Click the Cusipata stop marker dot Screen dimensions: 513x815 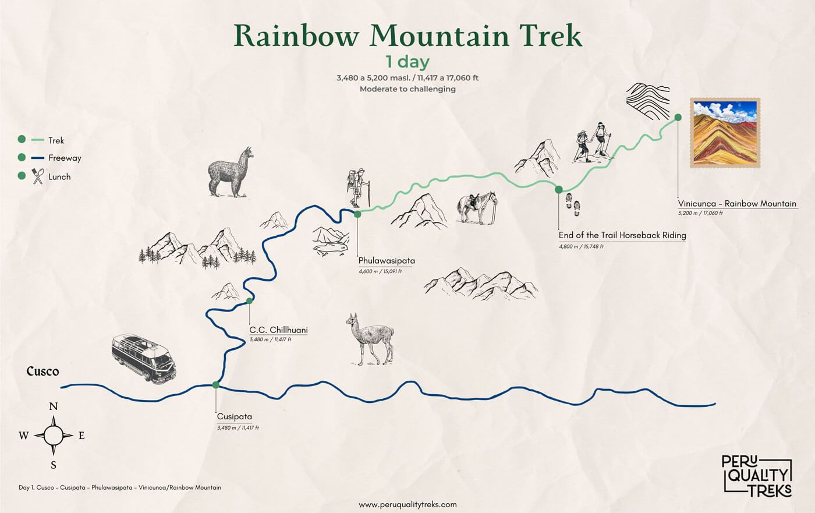point(216,384)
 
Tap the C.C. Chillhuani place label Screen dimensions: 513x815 point(278,330)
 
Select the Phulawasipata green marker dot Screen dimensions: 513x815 point(357,214)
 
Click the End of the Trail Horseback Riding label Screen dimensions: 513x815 point(622,235)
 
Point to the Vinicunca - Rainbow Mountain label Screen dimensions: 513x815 point(737,203)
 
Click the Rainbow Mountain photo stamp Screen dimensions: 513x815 point(725,133)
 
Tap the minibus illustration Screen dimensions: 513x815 point(144,358)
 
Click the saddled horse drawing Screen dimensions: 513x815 point(477,207)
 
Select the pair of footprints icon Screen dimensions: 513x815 point(573,204)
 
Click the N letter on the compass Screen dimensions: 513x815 point(54,406)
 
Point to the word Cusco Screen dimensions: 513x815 point(42,371)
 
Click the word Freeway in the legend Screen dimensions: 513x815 point(65,158)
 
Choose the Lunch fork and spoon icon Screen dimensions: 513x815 point(38,176)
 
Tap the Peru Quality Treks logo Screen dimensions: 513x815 point(757,475)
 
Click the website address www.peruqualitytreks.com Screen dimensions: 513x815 point(408,504)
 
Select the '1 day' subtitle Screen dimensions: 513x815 point(408,62)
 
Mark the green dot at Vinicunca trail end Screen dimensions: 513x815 point(678,117)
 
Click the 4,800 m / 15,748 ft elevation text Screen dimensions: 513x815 point(581,246)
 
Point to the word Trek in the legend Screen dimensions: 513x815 point(56,140)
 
